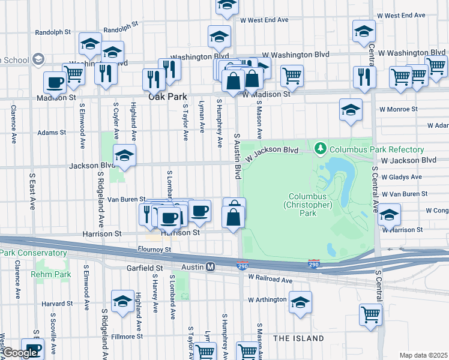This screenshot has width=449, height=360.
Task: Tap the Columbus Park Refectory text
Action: coord(376,149)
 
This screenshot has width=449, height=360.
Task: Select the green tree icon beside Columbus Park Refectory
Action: coord(321,148)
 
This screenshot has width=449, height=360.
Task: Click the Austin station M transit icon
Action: coord(211,267)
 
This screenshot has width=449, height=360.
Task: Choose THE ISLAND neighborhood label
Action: coord(299,338)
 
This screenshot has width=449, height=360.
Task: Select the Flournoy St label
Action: coord(154,249)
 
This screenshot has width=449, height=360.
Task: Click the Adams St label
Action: coord(52,133)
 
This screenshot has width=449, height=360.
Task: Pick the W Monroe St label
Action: coord(399,109)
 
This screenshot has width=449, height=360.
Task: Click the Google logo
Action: coord(21,353)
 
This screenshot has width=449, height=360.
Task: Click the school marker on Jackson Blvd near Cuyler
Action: coord(124,156)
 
